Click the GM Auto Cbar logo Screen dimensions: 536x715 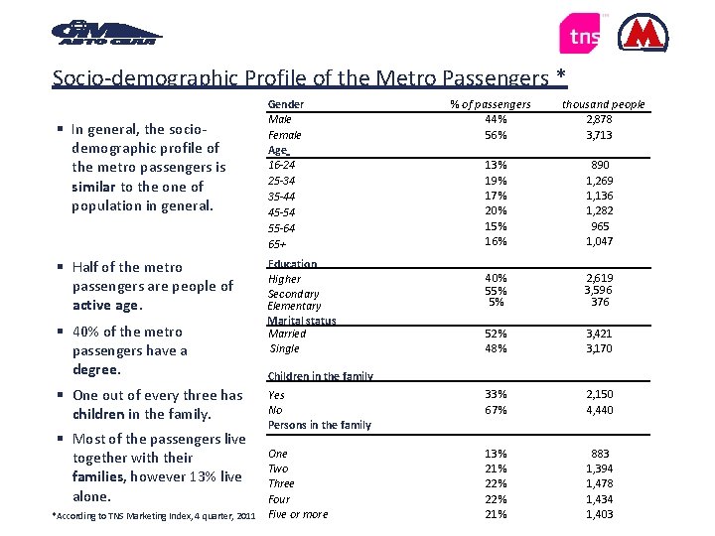pos(105,34)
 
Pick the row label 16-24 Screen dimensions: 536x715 pos(283,165)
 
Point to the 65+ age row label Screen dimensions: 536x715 pos(278,243)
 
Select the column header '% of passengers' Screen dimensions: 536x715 pos(491,104)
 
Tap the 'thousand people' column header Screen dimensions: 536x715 pos(603,104)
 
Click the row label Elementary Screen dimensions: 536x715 pos(294,307)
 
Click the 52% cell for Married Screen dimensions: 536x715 pos(497,334)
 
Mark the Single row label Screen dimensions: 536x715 pos(285,348)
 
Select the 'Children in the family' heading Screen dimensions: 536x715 pos(320,377)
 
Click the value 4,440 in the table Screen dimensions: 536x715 pos(600,410)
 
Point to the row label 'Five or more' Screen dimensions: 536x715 pos(298,514)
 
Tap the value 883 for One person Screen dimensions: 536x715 pos(600,453)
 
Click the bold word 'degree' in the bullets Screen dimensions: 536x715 pos(95,370)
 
